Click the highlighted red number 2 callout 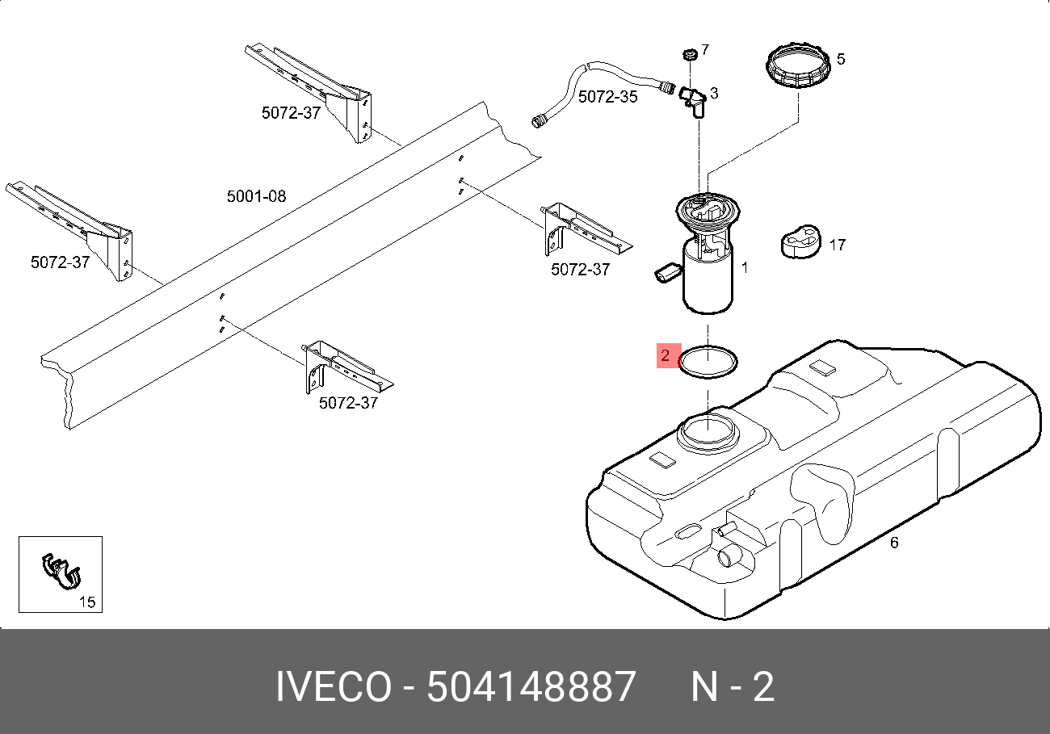point(667,355)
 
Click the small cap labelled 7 point(689,54)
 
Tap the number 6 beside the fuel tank point(894,543)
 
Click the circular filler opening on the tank point(708,432)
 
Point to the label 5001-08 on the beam point(256,196)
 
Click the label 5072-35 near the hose point(607,97)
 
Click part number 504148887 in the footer point(531,688)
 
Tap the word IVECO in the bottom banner point(332,688)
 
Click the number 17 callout point(838,244)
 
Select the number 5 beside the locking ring point(841,59)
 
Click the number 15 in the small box point(86,602)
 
